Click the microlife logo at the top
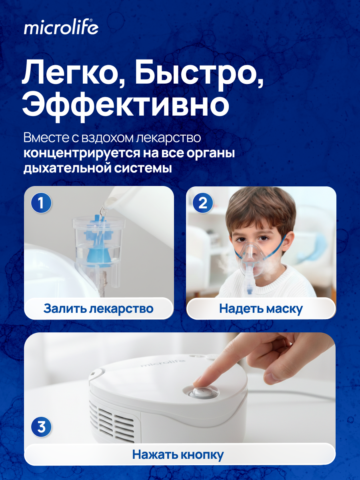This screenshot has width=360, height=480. [61, 27]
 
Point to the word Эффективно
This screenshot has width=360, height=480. [126, 106]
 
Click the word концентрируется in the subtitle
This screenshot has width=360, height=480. [82, 154]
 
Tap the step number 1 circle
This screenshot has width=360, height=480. [41, 203]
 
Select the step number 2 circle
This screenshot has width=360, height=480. [203, 203]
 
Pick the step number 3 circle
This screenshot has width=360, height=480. [41, 427]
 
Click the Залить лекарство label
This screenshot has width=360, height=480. [98, 308]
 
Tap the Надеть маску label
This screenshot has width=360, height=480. [261, 308]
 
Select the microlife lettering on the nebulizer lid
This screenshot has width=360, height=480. [163, 363]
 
